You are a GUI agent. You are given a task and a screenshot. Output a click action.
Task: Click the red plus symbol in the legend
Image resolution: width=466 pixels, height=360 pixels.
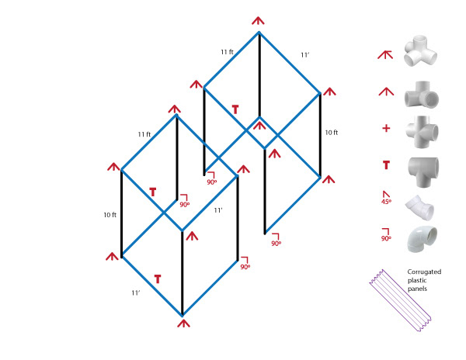pos(386,127)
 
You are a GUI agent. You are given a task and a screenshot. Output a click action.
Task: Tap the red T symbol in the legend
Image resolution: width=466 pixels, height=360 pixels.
pos(386,164)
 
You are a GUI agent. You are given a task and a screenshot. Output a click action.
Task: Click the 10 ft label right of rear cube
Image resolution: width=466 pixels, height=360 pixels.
pos(331,133)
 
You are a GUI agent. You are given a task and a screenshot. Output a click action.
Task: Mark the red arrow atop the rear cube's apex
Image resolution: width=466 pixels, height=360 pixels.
pos(259,19)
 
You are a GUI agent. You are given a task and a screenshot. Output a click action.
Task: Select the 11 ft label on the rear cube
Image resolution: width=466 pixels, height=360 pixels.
pos(227,51)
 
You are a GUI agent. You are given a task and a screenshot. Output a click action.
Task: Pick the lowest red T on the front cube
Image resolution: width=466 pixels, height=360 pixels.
pos(158,278)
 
